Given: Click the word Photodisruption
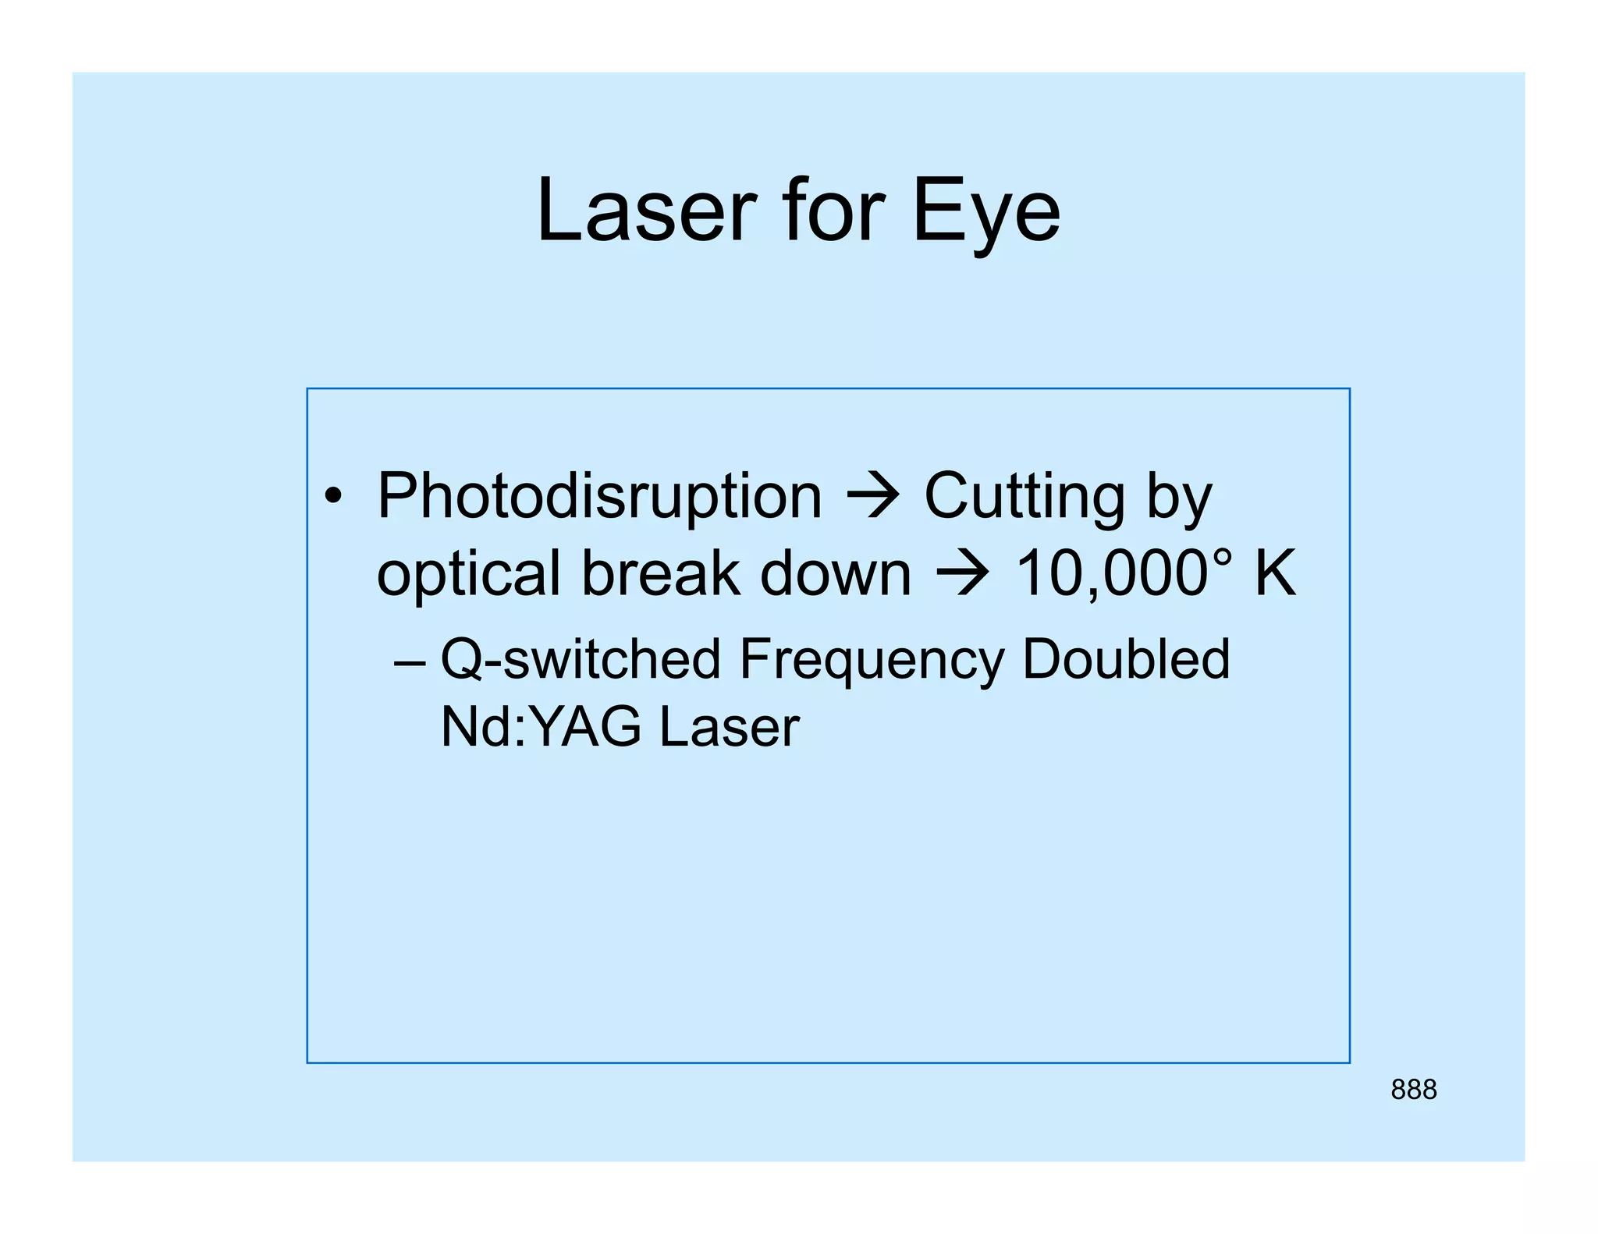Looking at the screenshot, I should pos(599,497).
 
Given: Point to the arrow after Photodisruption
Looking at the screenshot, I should pos(874,496).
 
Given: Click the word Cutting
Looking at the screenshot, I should pos(1024,496).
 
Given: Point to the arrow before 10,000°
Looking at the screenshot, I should pos(963,574).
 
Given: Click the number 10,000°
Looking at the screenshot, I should pos(1124,574).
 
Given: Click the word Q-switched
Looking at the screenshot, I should pos(581,660).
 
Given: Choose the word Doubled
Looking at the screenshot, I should pos(1125,659).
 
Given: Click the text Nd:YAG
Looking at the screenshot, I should pos(541,727).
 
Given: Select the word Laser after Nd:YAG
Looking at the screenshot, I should pos(729,727).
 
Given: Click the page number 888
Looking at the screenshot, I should pos(1413,1090).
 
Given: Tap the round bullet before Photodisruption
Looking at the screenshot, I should pos(334,497).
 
